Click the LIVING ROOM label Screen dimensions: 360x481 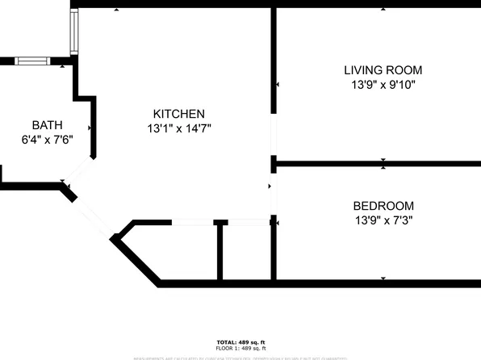(x=383, y=70)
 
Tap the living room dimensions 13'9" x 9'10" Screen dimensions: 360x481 (x=383, y=84)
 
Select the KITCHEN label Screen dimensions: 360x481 (x=179, y=114)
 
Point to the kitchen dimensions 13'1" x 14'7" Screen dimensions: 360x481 (x=179, y=128)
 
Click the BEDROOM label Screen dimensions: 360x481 (x=383, y=206)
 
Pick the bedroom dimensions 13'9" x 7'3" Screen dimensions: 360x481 (x=383, y=220)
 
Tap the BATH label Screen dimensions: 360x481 (x=46, y=124)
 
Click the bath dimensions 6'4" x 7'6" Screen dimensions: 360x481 (x=46, y=138)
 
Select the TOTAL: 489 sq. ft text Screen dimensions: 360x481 (x=240, y=342)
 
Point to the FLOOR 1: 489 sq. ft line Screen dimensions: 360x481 (x=240, y=349)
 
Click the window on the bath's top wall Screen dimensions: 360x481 (x=32, y=61)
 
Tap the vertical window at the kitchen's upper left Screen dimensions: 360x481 (x=73, y=31)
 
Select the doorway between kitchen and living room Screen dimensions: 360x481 (x=274, y=137)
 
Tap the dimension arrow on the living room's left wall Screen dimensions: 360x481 (x=277, y=83)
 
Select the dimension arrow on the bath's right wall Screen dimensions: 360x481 (x=90, y=128)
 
